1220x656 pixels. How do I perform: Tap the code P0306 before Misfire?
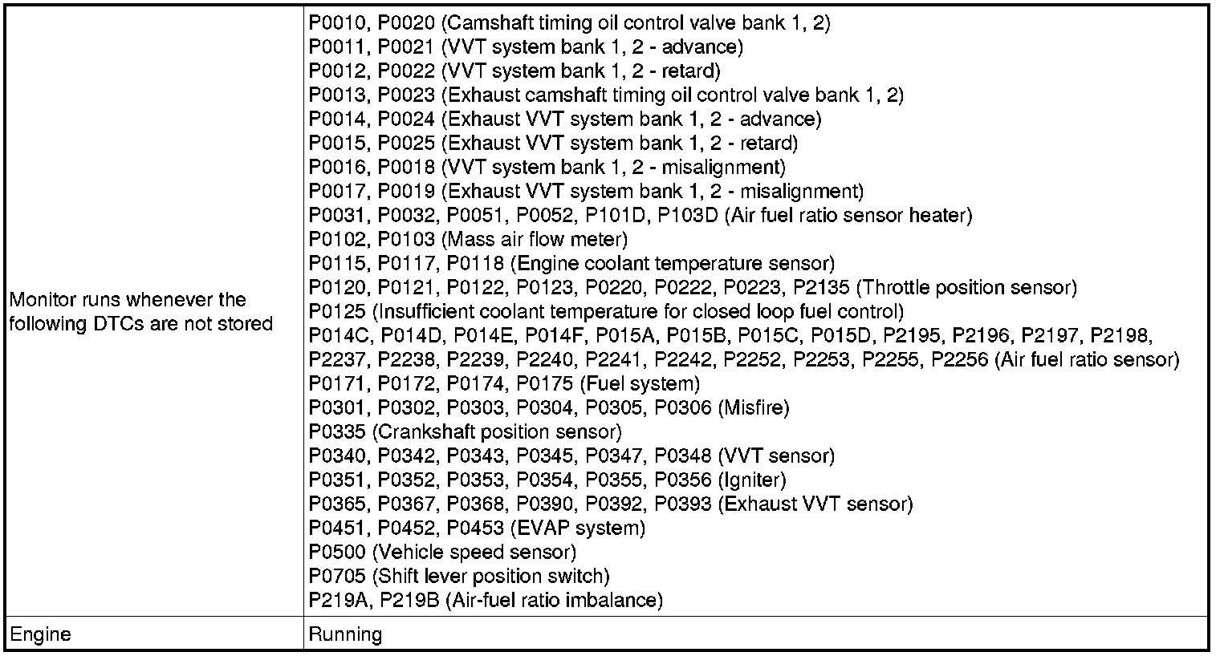click(683, 408)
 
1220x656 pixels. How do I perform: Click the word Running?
click(345, 635)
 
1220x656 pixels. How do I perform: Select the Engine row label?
click(40, 635)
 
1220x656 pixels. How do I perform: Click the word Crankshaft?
click(421, 432)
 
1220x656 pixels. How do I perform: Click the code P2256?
click(959, 360)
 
